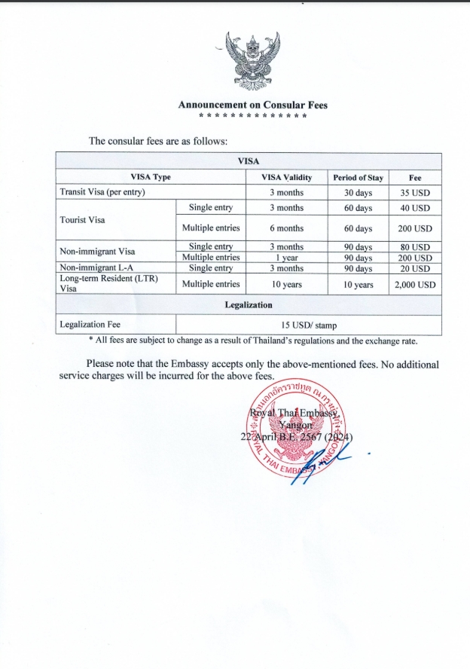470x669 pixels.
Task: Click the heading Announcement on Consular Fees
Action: coord(252,105)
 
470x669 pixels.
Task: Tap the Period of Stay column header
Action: coord(358,178)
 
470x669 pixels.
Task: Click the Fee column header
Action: coord(415,178)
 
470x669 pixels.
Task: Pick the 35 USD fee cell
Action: coord(415,192)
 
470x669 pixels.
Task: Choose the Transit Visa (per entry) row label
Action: coord(102,192)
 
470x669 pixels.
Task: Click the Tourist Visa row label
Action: coord(83,220)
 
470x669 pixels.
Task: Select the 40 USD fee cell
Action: coord(415,208)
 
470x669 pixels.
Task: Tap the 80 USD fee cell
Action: coord(415,247)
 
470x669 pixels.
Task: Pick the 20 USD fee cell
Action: coord(415,268)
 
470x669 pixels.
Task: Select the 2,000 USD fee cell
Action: coord(415,285)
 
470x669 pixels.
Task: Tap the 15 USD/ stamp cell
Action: coord(307,325)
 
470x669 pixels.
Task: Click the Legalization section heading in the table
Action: coord(249,305)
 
